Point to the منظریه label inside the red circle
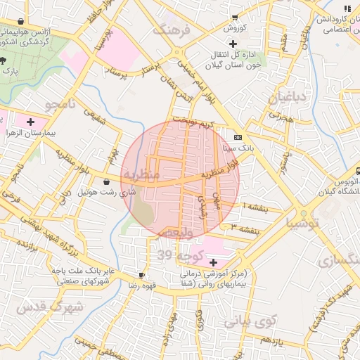pyautogui.click(x=141, y=173)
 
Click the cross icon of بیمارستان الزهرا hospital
pyautogui.click(x=30, y=122)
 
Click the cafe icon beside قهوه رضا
pyautogui.click(x=141, y=275)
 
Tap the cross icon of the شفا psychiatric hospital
pyautogui.click(x=213, y=262)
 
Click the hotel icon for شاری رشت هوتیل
pyautogui.click(x=106, y=182)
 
